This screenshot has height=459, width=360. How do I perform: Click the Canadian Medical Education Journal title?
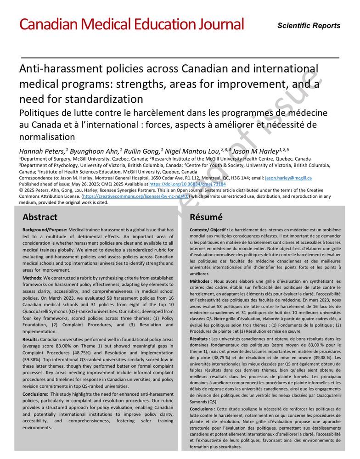(131, 24)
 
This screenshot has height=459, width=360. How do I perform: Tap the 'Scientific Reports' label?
(309, 26)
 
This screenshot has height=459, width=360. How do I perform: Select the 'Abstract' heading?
(40, 217)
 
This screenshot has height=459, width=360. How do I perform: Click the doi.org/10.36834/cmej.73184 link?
(188, 184)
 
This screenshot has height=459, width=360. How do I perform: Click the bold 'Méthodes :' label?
(201, 281)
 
